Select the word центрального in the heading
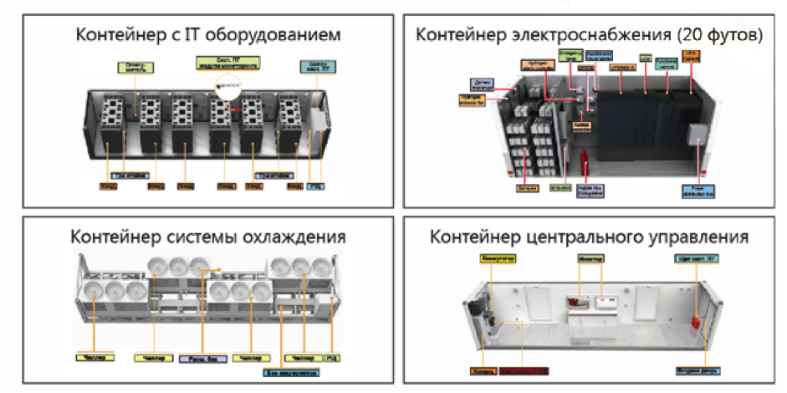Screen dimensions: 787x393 click(599, 237)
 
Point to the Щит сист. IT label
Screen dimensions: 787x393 click(696, 258)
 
